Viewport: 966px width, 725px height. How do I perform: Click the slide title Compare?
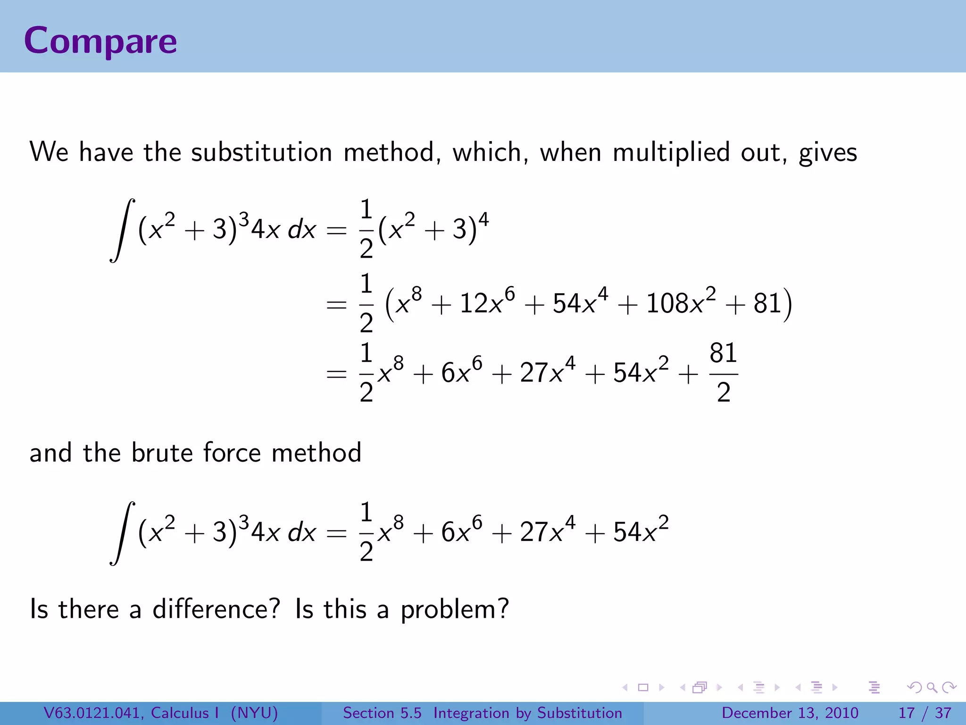point(100,41)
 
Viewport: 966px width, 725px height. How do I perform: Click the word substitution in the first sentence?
point(261,152)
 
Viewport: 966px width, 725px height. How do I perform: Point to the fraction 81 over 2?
point(723,373)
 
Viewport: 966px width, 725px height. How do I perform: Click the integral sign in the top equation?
point(122,230)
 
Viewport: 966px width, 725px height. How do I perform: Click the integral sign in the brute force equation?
point(122,533)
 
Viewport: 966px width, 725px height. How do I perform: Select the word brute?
point(162,453)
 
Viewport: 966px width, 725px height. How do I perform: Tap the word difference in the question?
point(216,609)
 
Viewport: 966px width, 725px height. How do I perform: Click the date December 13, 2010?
point(790,713)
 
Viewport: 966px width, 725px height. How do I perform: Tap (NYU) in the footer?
point(254,713)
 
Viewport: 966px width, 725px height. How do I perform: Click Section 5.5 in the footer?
point(382,713)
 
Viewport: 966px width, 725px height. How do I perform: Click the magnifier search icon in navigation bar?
point(932,687)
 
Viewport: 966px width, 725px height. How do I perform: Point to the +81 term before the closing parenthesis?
point(755,303)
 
